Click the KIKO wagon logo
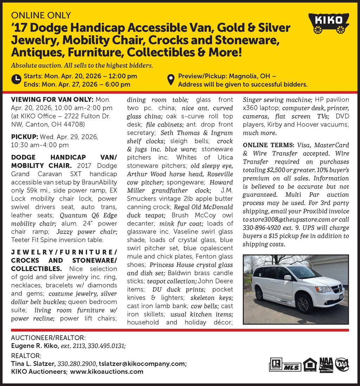point(328,23)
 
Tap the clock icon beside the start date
point(16,80)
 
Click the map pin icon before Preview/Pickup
point(171,80)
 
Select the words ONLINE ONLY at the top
point(41,15)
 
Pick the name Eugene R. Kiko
point(34,346)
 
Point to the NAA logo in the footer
point(326,365)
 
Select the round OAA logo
point(342,365)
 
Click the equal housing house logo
point(310,365)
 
